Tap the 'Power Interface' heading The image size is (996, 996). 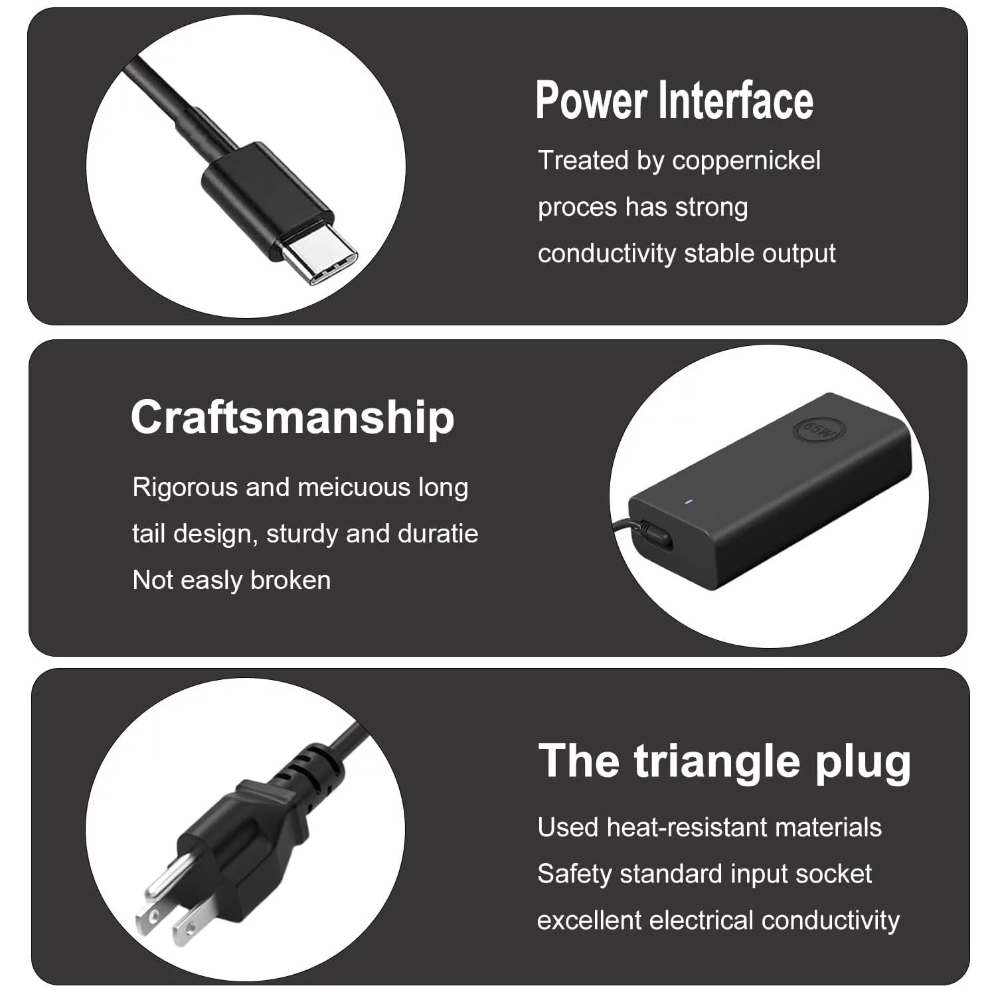[675, 100]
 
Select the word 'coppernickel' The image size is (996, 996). [746, 161]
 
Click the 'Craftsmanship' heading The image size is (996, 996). [293, 417]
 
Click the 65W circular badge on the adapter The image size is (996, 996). [819, 430]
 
